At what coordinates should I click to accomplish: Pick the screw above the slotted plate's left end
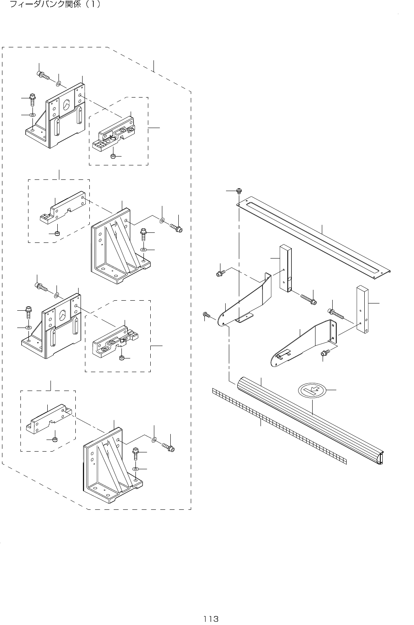[238, 191]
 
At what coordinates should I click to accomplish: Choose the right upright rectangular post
[362, 309]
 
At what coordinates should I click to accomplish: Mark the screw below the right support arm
[325, 353]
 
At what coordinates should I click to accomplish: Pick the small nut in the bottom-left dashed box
[56, 439]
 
